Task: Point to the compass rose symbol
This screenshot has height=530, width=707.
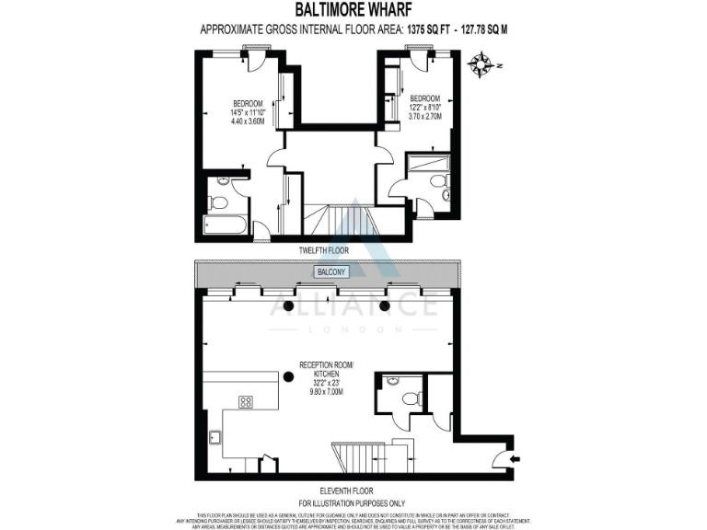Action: [481, 63]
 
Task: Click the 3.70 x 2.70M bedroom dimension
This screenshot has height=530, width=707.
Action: [425, 117]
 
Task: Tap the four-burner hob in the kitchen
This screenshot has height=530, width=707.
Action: [247, 401]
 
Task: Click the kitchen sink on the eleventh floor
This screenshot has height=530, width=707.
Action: [214, 439]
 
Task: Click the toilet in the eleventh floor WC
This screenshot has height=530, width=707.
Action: [411, 398]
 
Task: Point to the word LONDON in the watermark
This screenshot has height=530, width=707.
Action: [353, 328]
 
